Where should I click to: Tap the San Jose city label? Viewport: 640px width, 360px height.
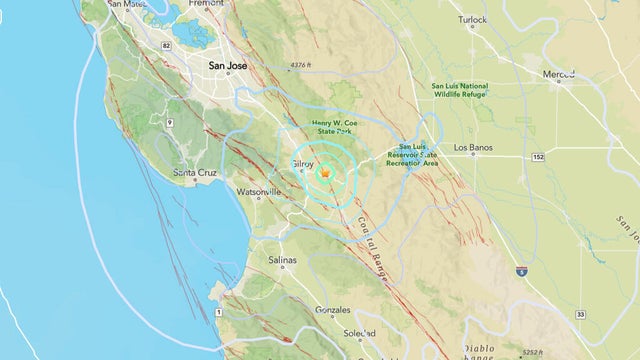[228, 66]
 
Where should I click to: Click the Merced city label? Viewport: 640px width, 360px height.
[558, 75]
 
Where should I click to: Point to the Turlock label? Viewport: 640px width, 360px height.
[472, 19]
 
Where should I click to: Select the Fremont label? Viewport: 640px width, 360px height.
[205, 4]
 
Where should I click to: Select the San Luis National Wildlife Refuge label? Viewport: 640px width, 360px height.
[459, 90]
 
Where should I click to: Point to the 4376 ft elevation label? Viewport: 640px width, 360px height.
[302, 66]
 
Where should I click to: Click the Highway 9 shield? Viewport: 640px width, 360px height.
[170, 123]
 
